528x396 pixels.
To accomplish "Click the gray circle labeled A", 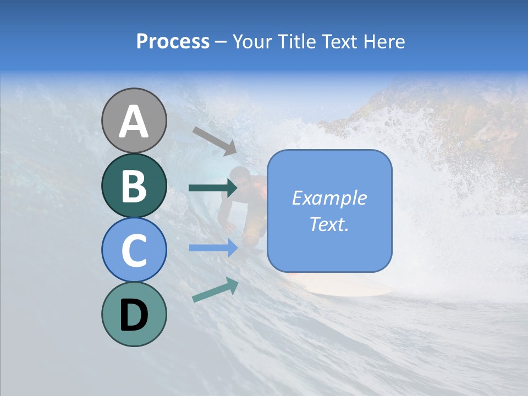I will tap(134, 120).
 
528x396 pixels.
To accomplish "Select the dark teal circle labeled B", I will tap(134, 185).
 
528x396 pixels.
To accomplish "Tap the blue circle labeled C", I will tap(134, 250).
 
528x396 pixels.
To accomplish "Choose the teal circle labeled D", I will tap(134, 314).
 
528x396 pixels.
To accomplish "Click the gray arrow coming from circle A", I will tap(215, 141).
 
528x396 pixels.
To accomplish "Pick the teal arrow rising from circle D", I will tap(215, 290).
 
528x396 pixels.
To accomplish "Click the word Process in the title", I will tap(173, 42).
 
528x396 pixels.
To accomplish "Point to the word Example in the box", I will tap(329, 198).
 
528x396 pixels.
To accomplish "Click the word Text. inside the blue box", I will tap(329, 224).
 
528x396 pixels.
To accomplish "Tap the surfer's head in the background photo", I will tap(240, 177).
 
